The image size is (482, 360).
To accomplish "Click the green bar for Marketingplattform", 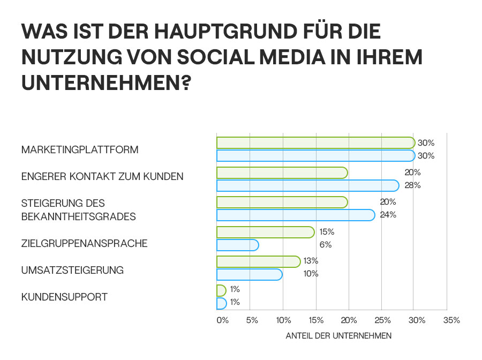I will pos(315,142).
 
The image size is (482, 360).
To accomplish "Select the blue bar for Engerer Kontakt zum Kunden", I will pos(308,185).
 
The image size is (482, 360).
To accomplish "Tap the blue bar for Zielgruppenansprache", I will pos(237,245).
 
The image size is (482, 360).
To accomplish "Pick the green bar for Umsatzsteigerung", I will pos(258,261).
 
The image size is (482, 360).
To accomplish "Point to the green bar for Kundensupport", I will pos(221,290).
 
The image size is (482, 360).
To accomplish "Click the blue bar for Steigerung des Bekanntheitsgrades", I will pos(295,215).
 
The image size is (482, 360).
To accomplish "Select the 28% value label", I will pos(413,185).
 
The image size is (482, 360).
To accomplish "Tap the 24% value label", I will pos(388,215).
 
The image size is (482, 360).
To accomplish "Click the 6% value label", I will pos(325,245).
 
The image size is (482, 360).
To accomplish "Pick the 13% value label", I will pos(311,261).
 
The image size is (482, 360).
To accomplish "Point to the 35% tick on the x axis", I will pos(451,320).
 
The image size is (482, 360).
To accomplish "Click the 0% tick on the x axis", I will pos(222,320).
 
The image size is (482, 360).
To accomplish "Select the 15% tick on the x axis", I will pos(316,320).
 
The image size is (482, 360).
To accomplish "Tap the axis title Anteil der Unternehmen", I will pos(338,336).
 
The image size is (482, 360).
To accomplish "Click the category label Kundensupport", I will pos(64,297).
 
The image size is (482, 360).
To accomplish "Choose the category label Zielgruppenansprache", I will pos(84,244).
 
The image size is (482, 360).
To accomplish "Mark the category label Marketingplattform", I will pos(80,149).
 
